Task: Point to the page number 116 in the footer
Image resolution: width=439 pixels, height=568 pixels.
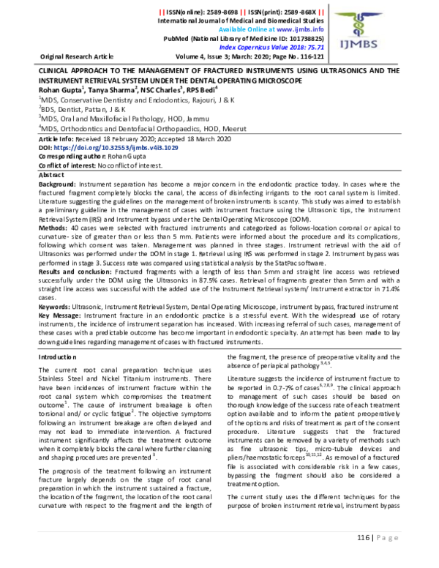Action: point(366,537)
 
